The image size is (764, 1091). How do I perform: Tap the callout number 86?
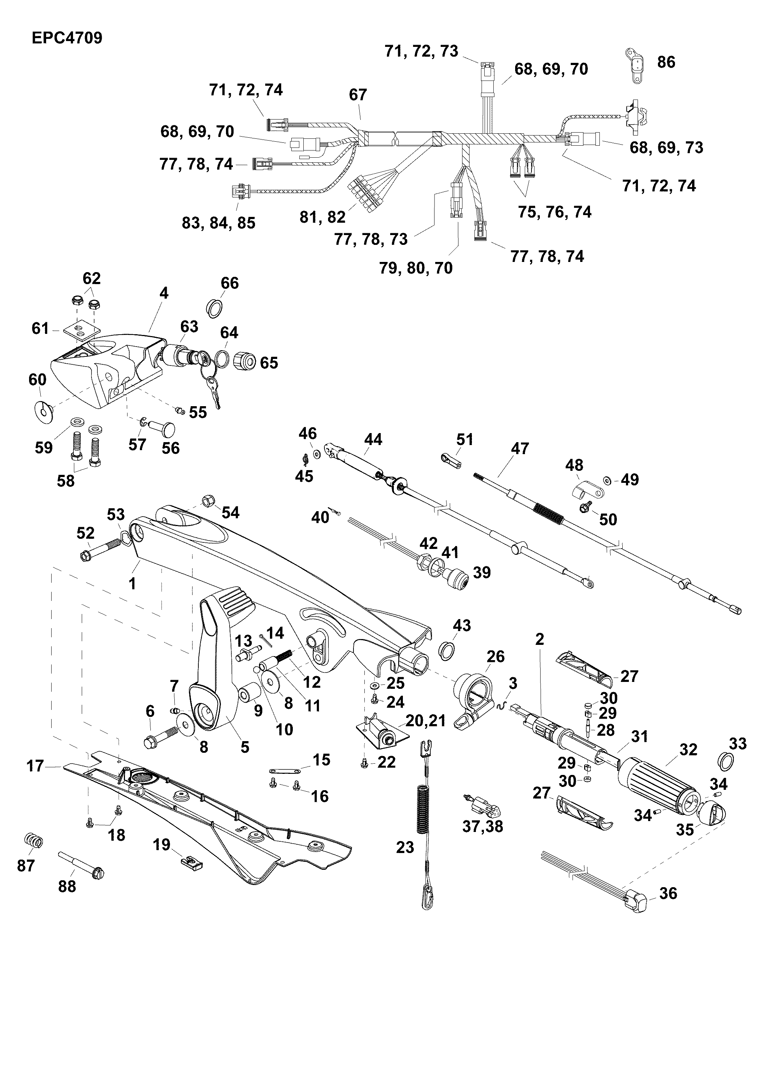click(x=666, y=62)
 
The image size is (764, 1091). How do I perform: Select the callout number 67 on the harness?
click(x=358, y=95)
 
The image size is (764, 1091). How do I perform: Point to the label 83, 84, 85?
click(x=219, y=223)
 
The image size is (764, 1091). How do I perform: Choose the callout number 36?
click(x=668, y=893)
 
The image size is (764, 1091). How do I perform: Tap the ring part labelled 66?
click(x=215, y=308)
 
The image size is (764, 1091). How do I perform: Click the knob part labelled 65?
click(x=245, y=362)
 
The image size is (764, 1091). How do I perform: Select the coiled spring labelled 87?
click(x=33, y=841)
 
